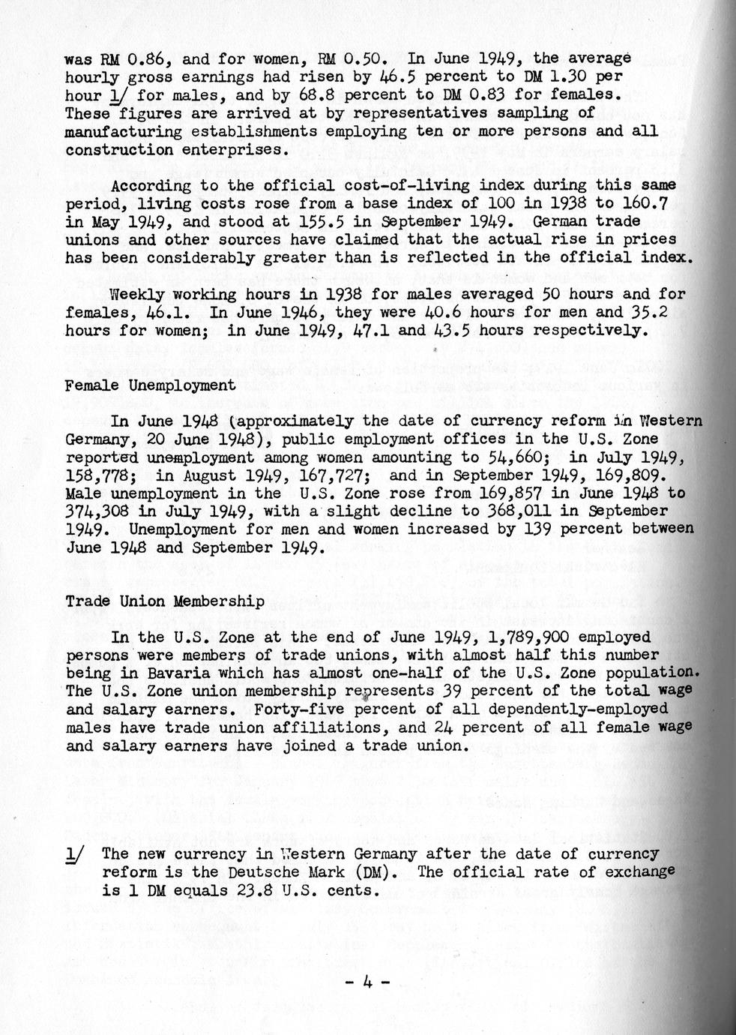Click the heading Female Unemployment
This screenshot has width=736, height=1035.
[x=150, y=385]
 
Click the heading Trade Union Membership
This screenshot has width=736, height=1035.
[x=164, y=601]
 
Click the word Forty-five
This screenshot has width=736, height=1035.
[x=291, y=709]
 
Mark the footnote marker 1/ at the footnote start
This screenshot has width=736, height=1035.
[x=76, y=854]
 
